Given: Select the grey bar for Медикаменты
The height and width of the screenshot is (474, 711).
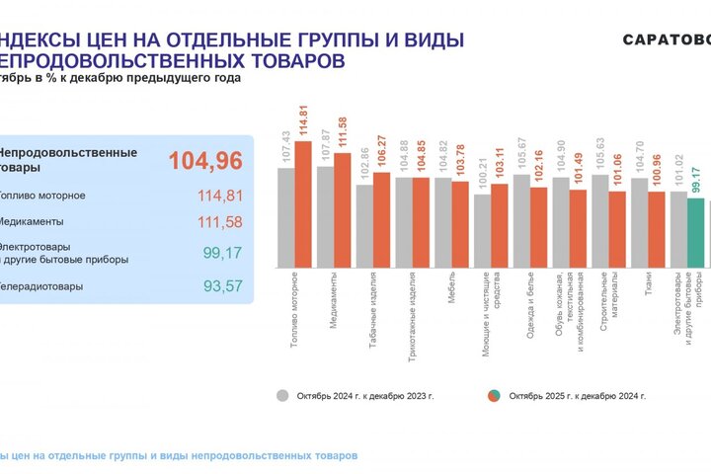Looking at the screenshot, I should coord(325,217).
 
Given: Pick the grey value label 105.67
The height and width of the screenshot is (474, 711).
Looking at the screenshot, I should coord(521,155).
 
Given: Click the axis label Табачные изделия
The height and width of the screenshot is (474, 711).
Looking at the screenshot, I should coord(371,310).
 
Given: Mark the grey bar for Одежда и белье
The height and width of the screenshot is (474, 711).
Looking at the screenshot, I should coord(521,221).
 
